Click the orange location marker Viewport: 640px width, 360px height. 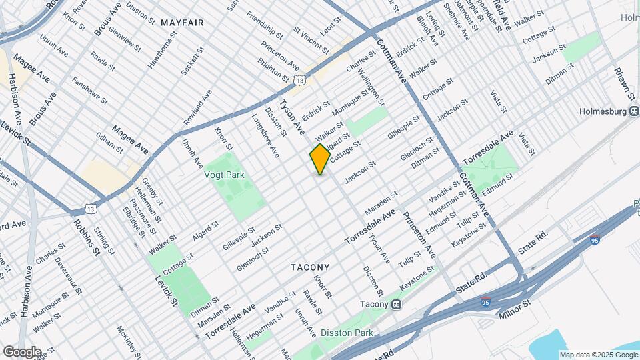(320, 159)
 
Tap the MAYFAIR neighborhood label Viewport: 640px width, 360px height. (182, 23)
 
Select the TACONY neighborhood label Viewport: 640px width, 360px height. (310, 267)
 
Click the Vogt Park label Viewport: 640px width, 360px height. (225, 175)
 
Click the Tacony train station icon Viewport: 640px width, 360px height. (397, 305)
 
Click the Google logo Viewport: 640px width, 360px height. (22, 351)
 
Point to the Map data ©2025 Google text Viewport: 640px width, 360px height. (599, 354)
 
